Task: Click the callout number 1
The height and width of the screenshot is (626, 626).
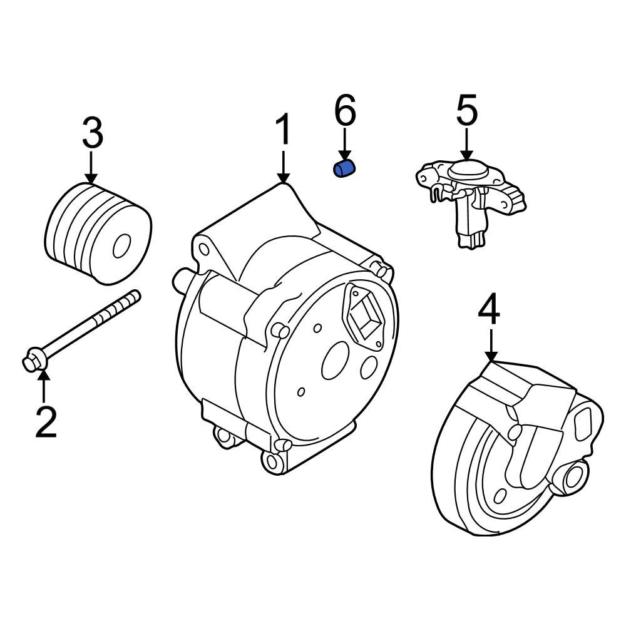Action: click(x=284, y=130)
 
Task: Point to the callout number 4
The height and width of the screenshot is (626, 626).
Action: click(x=490, y=311)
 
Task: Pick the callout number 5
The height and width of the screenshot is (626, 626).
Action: click(x=466, y=111)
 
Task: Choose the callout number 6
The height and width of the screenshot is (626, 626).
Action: click(x=345, y=111)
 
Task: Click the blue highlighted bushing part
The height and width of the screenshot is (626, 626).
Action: click(x=344, y=169)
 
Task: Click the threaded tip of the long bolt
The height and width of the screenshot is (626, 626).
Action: click(x=131, y=297)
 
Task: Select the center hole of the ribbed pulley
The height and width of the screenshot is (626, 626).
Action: click(x=121, y=247)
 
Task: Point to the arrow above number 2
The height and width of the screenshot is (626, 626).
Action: click(x=43, y=385)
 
